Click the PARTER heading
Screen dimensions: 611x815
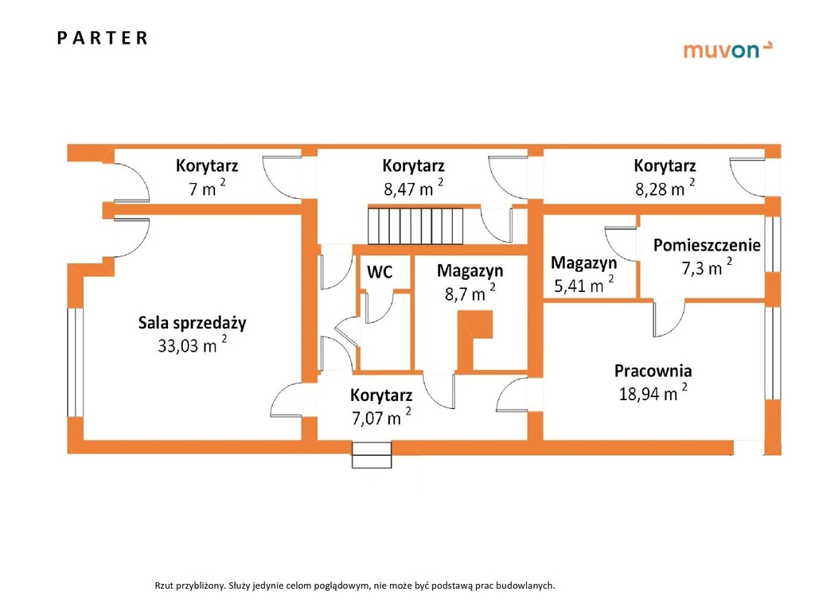[103, 38]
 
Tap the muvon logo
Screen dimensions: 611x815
[727, 50]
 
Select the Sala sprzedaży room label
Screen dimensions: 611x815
[192, 323]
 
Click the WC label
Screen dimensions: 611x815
[379, 272]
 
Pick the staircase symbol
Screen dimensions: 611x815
[415, 225]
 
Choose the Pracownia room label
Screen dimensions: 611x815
[653, 371]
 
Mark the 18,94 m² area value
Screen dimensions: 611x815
[653, 392]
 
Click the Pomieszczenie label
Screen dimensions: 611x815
[707, 245]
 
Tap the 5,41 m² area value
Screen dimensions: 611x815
[583, 286]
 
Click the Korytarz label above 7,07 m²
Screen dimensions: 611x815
[380, 395]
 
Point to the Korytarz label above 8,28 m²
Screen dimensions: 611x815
[665, 166]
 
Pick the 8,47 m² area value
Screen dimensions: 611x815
[413, 189]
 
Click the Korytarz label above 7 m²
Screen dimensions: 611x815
[207, 166]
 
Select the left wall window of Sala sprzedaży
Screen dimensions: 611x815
[75, 362]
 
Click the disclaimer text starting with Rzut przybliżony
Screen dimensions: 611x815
[354, 586]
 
